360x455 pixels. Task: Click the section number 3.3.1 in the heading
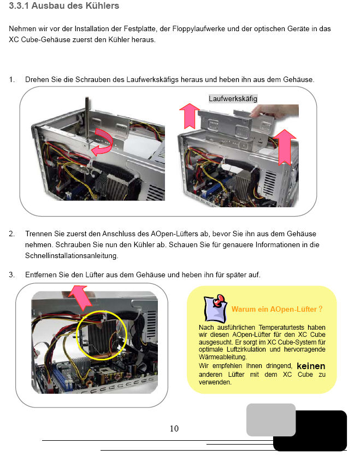19,5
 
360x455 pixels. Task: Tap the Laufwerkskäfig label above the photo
233,98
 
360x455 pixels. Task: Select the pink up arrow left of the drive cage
189,116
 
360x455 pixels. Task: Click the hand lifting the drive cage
275,111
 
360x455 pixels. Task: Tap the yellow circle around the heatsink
102,335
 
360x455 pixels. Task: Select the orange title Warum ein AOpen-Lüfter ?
277,310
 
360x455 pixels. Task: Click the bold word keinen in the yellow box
311,366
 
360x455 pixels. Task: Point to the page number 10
174,429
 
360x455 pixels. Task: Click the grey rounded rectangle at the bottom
271,419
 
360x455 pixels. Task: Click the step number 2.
11,234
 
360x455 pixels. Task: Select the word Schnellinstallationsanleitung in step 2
72,256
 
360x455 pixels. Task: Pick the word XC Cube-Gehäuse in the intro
40,40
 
